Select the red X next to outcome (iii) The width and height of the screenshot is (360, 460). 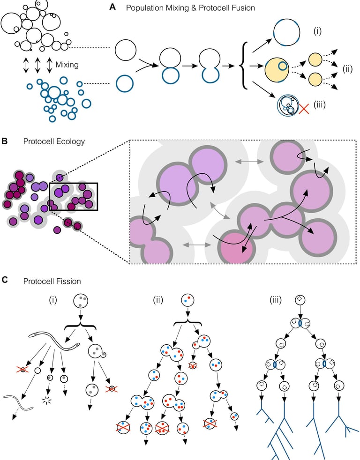coord(305,109)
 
